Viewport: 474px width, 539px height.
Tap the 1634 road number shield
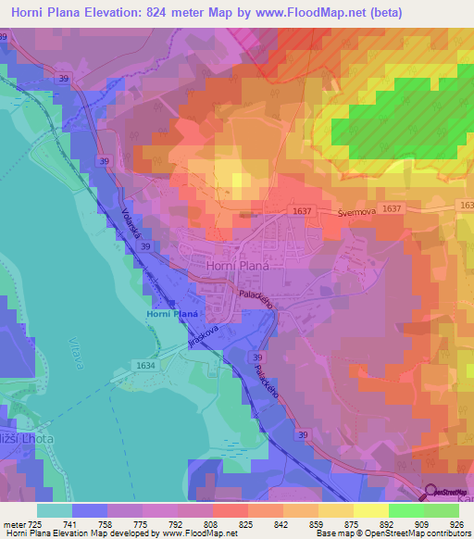click(145, 366)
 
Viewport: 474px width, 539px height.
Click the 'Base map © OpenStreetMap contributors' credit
click(390, 534)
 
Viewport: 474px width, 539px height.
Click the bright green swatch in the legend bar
click(406, 510)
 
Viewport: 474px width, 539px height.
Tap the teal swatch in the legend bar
click(55, 510)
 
